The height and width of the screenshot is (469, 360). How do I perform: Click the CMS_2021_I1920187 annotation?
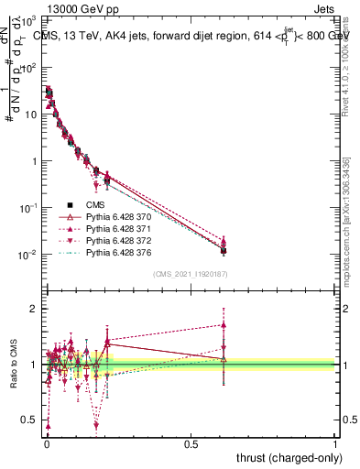[190, 273]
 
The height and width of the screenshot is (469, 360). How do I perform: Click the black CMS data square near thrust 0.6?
[224, 250]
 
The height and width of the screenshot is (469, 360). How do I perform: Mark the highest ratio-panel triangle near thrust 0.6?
[224, 324]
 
